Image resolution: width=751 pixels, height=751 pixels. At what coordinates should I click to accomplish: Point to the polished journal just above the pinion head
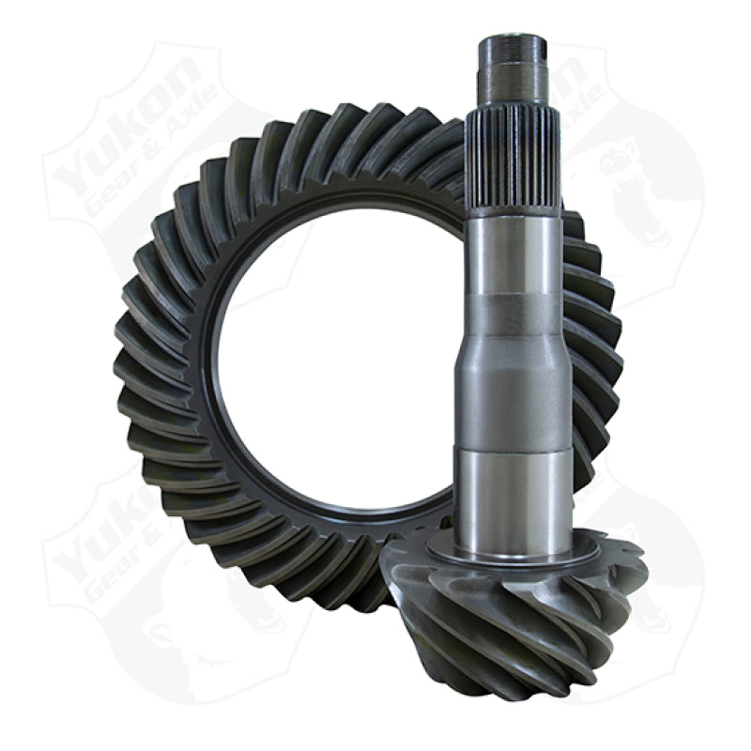(512, 488)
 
